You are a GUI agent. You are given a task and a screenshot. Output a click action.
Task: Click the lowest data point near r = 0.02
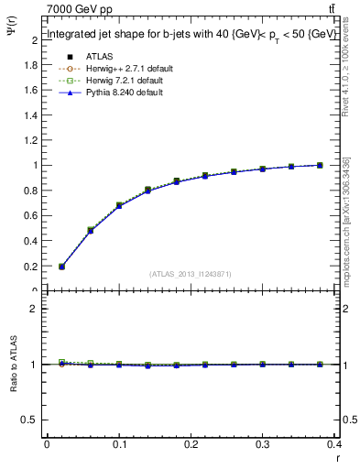(61, 267)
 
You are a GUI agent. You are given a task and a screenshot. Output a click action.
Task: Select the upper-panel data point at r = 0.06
(90, 230)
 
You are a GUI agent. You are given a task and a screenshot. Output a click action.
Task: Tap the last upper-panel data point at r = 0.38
(320, 165)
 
